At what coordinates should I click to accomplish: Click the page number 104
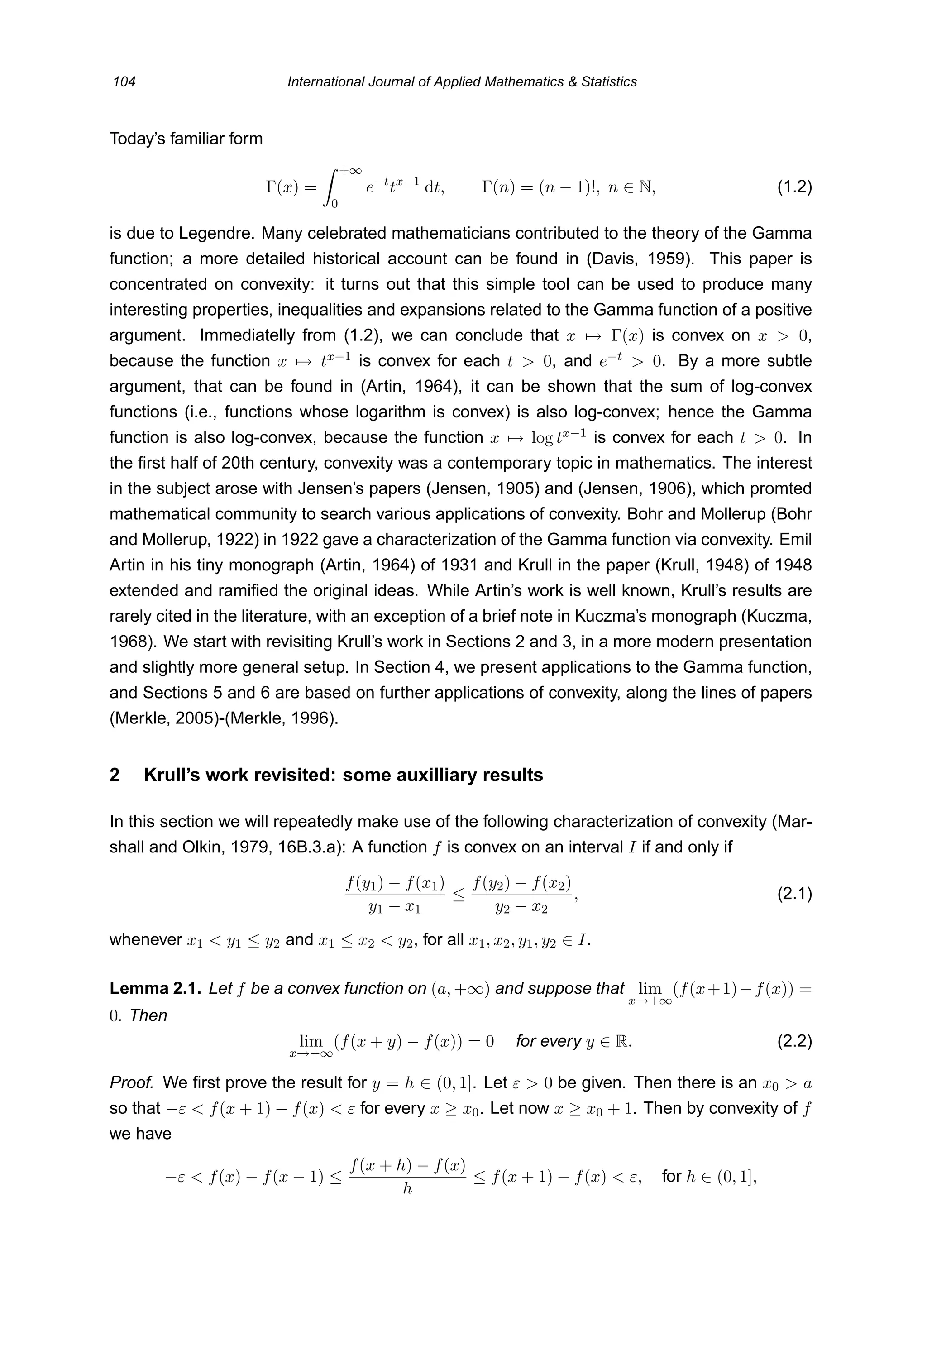tap(124, 81)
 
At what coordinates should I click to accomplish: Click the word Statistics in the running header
tap(609, 81)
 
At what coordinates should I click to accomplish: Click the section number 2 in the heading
tap(115, 775)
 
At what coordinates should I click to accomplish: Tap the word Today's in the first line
tap(138, 139)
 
